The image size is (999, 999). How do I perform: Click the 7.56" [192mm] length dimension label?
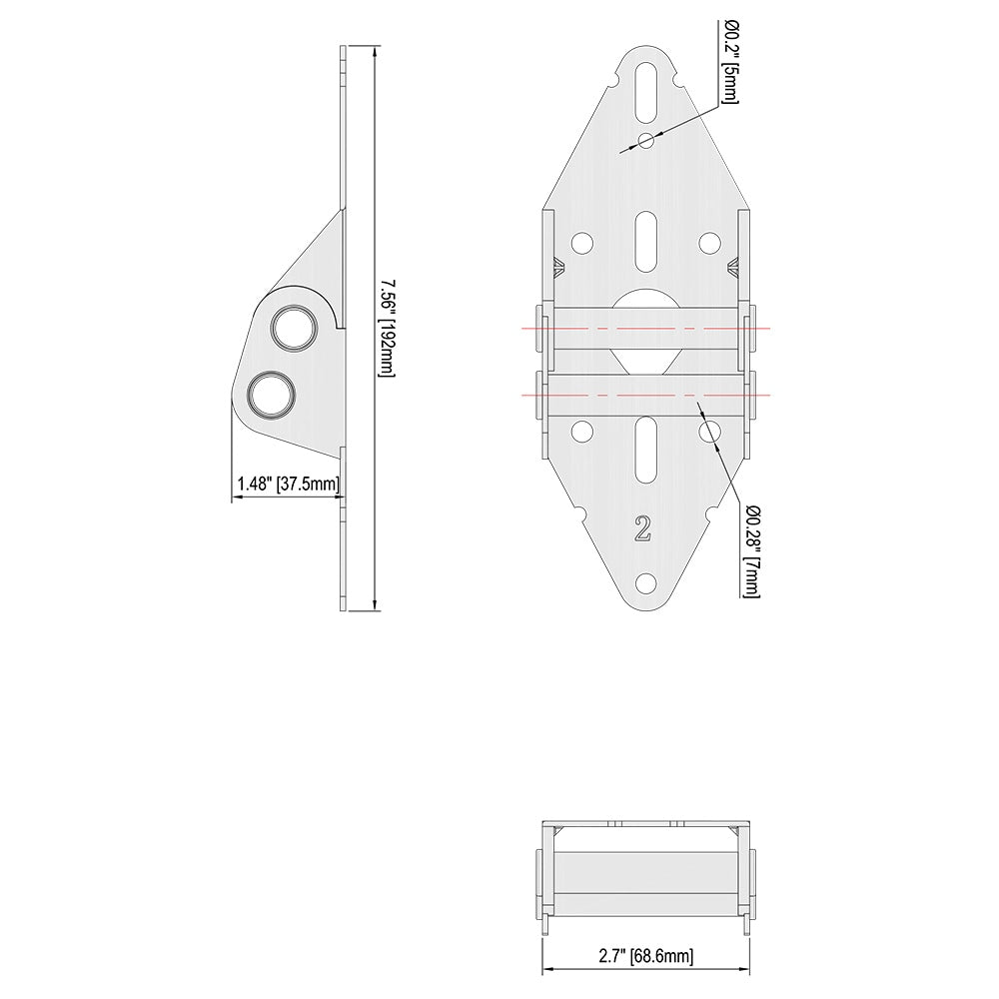388,328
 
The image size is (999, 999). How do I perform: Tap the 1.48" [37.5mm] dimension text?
289,484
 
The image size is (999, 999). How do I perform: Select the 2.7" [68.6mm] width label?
646,955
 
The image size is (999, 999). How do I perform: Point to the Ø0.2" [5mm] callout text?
730,62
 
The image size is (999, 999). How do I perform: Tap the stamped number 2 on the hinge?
642,528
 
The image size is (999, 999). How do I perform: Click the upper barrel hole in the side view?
294,328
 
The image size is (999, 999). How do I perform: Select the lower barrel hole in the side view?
272,395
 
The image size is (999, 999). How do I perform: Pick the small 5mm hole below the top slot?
646,140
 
